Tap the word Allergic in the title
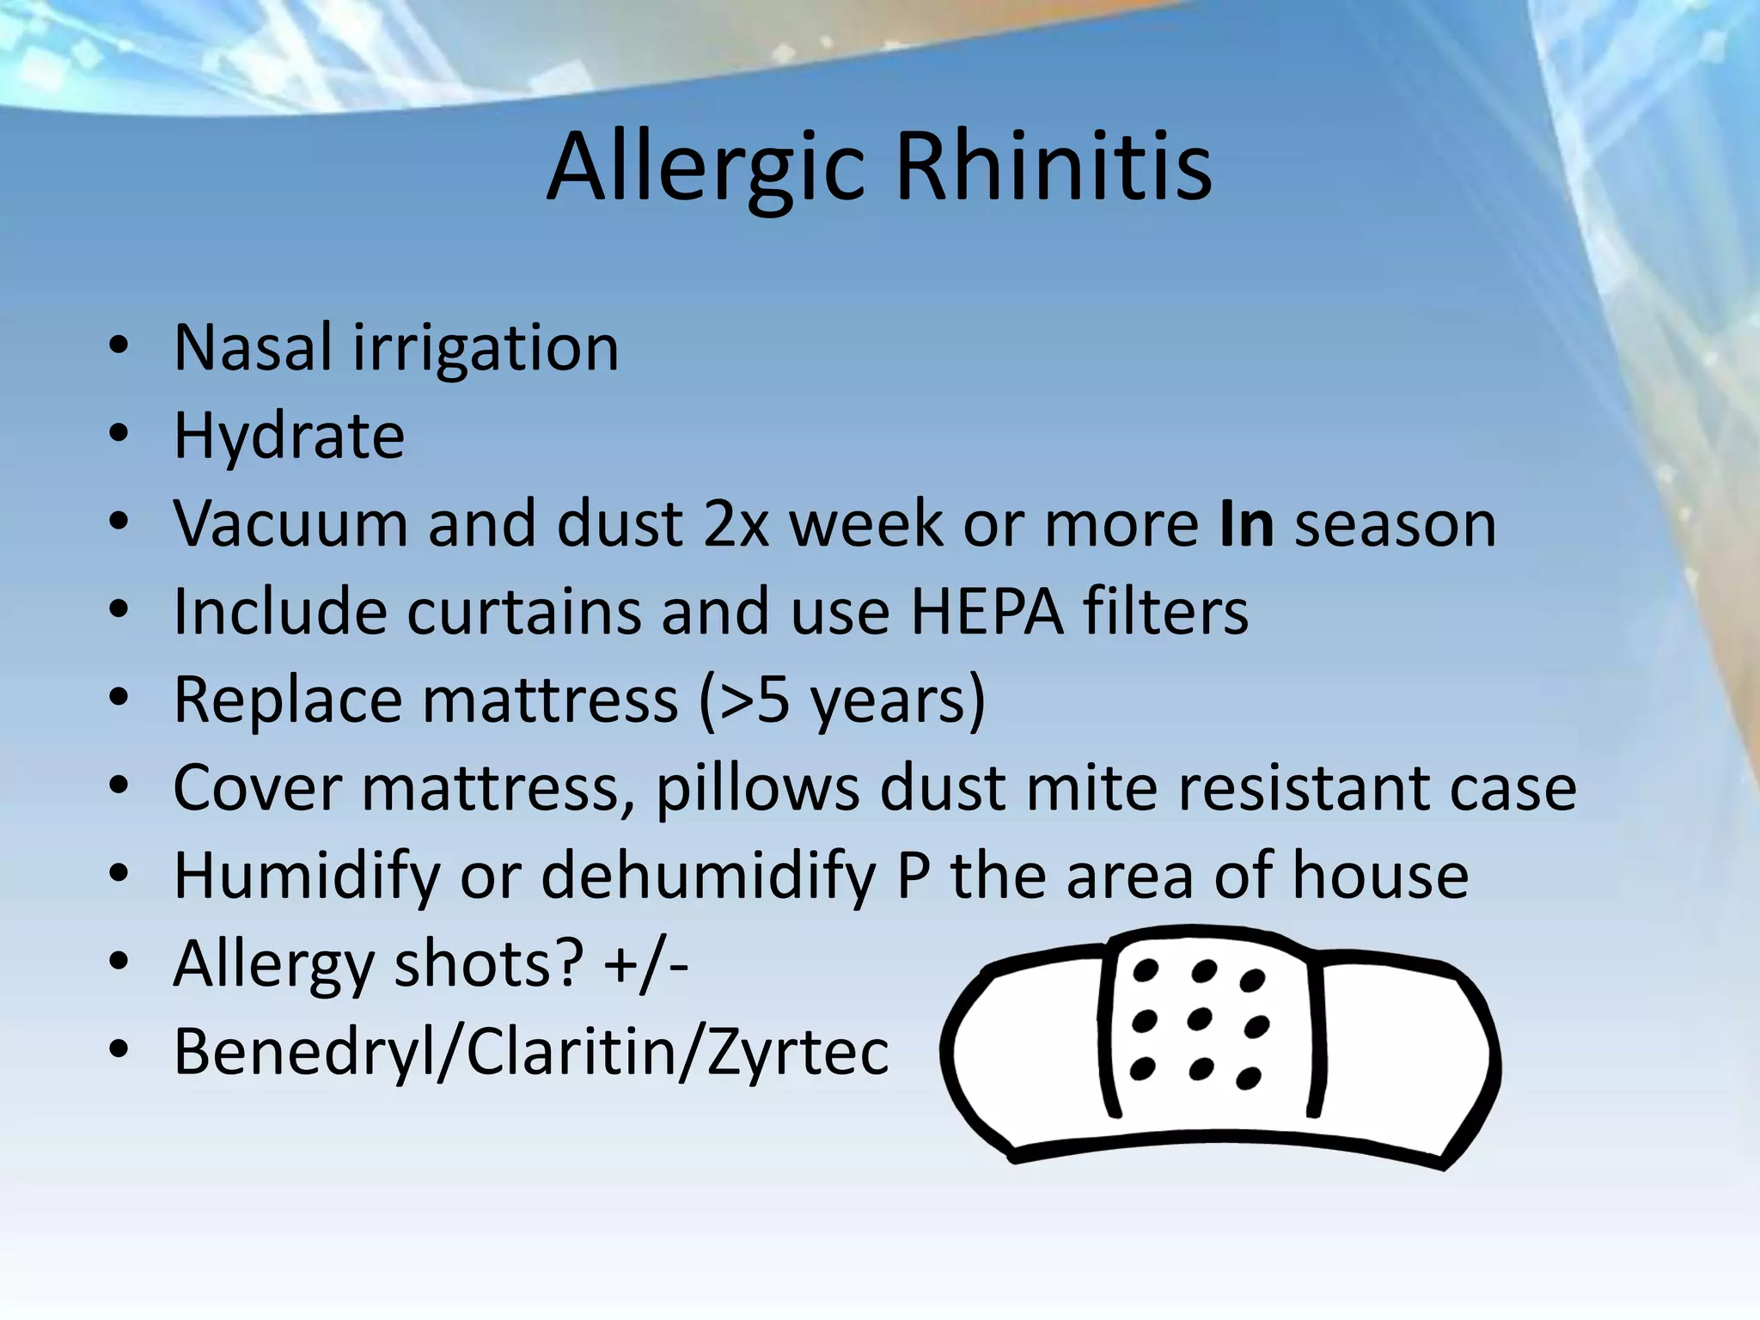[x=705, y=168]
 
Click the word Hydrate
[x=289, y=437]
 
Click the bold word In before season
[x=1246, y=524]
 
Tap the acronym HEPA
[x=986, y=612]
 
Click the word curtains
[x=523, y=612]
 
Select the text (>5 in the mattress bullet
[x=744, y=701]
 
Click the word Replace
[x=288, y=700]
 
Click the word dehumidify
[x=708, y=877]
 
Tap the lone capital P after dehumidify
[x=914, y=877]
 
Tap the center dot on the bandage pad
[x=1199, y=1019]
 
